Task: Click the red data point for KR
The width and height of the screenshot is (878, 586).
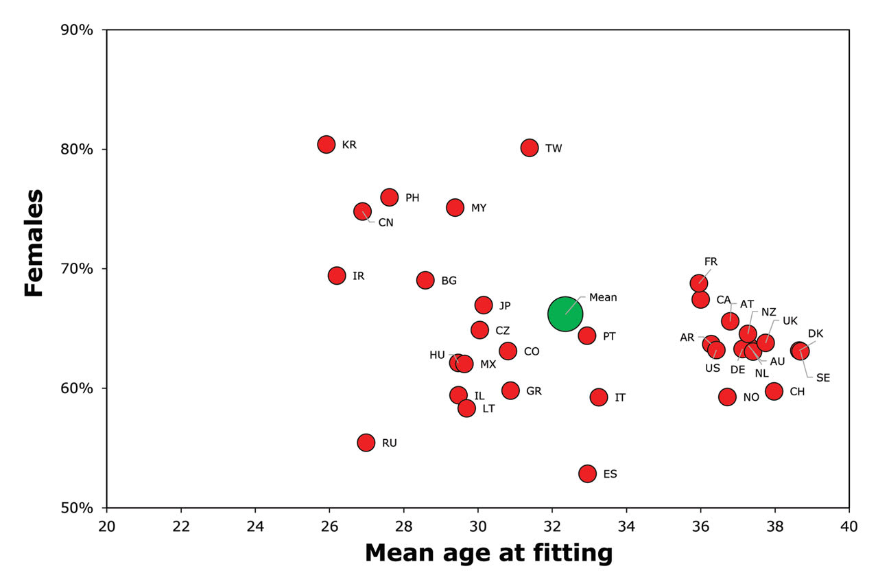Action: pos(327,144)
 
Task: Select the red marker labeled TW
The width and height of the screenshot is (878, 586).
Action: pos(530,148)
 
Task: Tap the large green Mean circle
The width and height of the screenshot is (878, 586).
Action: pos(565,314)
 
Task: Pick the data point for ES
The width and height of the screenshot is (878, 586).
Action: pos(587,473)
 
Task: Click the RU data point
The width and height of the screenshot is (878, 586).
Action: pos(366,443)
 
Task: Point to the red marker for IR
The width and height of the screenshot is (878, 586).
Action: pos(337,276)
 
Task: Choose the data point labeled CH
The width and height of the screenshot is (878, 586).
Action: pos(774,391)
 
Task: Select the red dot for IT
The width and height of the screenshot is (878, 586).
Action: pos(599,397)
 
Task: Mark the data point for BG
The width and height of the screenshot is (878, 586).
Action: pos(425,280)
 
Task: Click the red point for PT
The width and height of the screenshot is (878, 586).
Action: pos(587,336)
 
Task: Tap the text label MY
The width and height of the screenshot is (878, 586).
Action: pos(478,208)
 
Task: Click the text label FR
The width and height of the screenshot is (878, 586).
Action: pos(711,261)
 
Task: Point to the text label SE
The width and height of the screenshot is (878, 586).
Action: pos(823,377)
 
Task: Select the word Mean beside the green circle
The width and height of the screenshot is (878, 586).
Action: pos(603,297)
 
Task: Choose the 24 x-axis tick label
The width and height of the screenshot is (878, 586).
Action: pos(255,525)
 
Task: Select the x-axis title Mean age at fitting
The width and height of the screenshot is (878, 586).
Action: pos(488,552)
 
